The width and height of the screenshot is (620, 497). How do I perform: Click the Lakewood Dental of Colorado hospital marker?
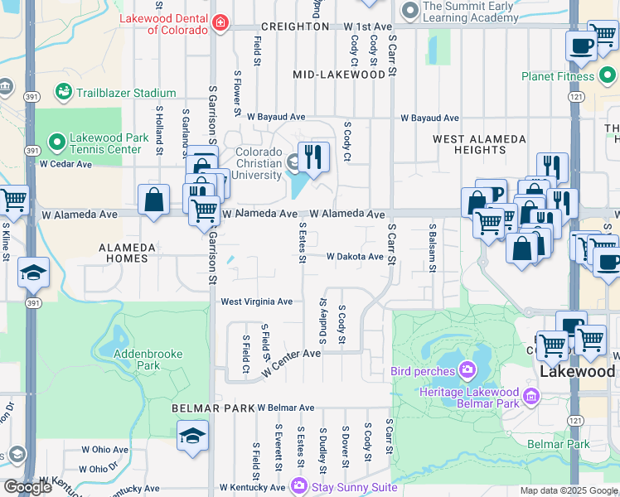[x=220, y=22]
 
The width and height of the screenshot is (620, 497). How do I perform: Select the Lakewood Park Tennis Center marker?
[x=56, y=143]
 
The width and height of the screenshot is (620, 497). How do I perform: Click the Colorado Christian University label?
[x=259, y=163]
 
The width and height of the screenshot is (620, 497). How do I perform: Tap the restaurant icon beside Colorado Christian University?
[x=313, y=157]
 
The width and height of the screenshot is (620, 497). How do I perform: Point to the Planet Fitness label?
[x=558, y=77]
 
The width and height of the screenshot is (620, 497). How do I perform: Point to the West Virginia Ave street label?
[x=256, y=302]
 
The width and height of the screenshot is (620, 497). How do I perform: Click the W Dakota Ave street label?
[x=355, y=257]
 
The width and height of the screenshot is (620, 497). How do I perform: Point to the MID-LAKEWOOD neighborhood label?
[x=339, y=75]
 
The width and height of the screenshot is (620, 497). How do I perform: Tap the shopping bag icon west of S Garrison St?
[x=154, y=200]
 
